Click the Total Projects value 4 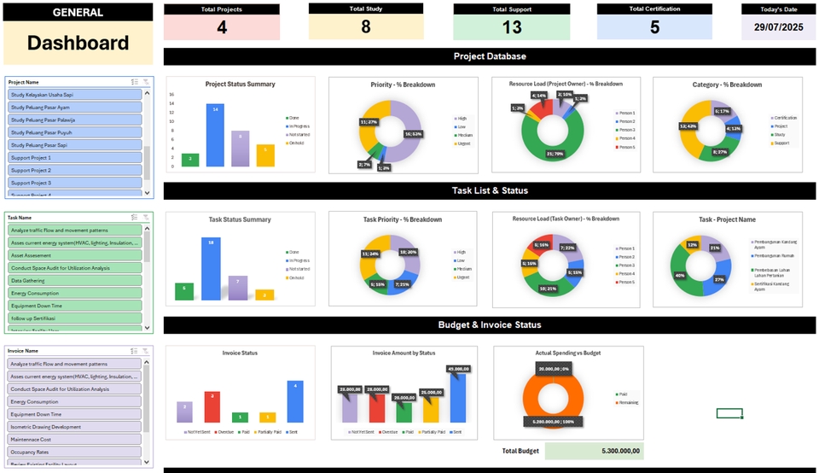222,27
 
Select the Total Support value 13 512,27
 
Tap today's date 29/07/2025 778,27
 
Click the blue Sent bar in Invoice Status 295,401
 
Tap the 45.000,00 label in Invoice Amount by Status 458,369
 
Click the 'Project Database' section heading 490,56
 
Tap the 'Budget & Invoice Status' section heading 490,325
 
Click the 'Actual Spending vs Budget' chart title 567,353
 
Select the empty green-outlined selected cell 729,414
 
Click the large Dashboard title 78,44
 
